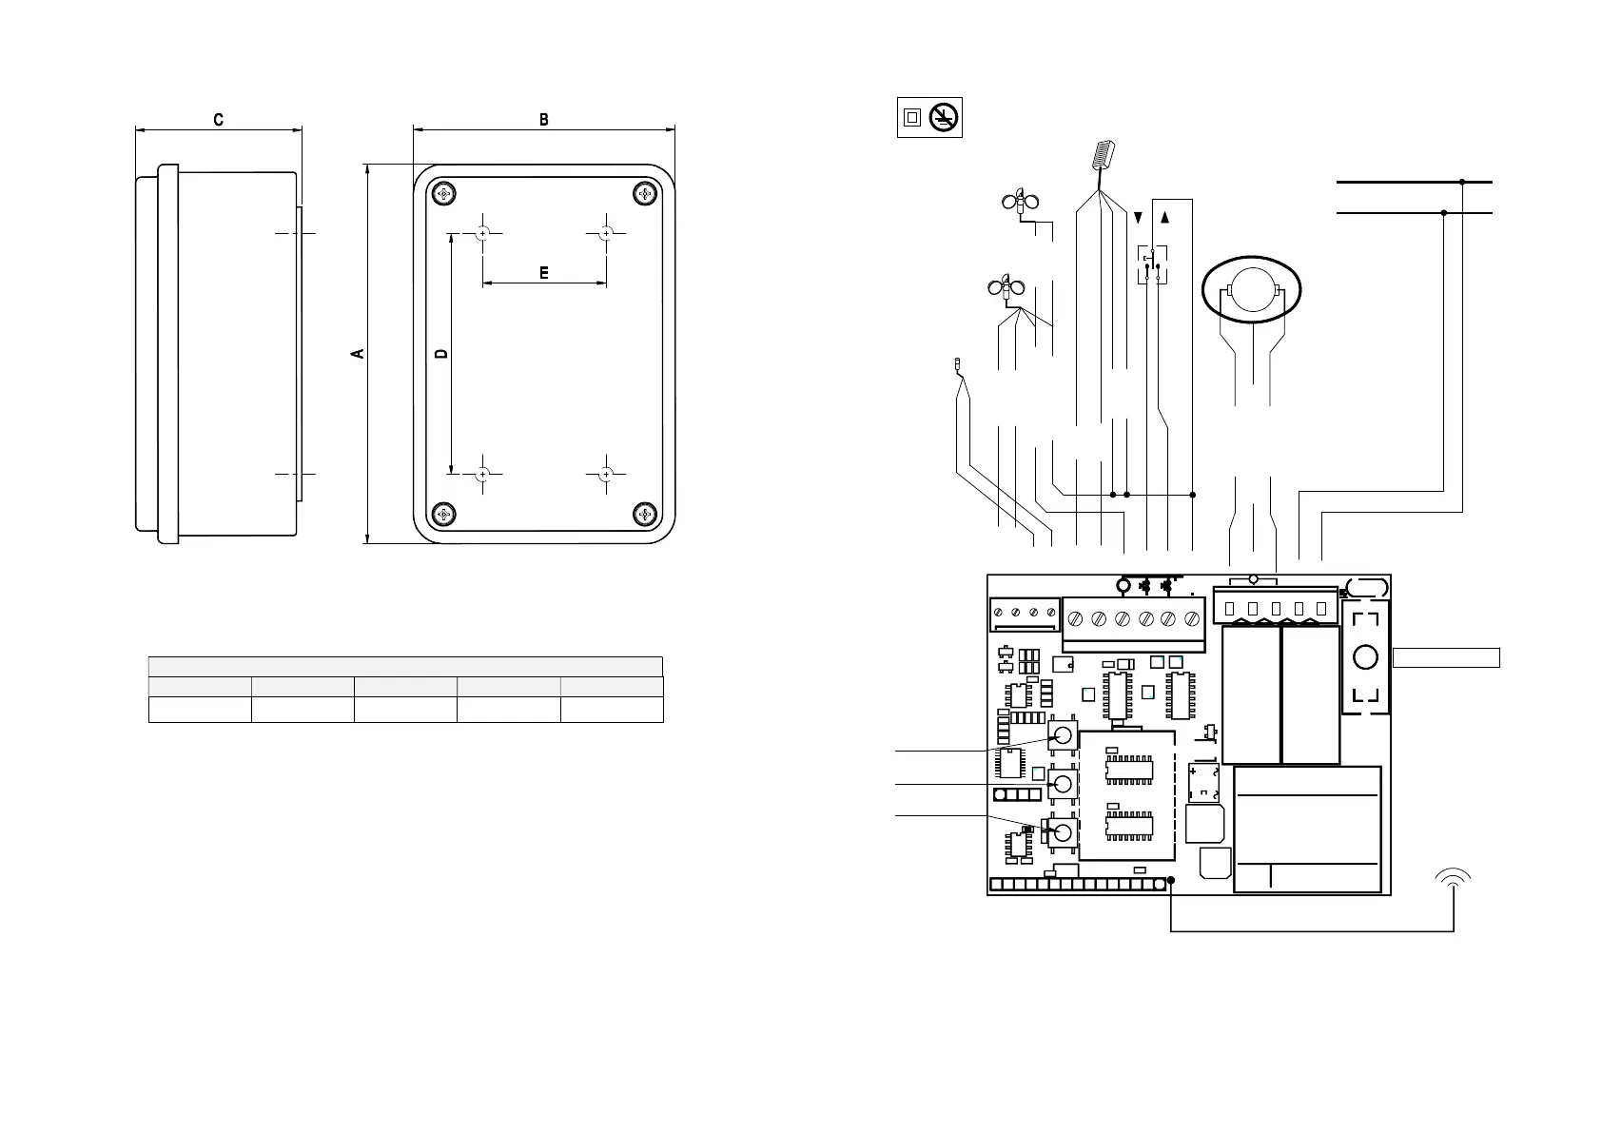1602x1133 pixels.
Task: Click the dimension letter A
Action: coord(358,354)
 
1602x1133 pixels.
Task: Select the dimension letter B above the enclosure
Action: coord(544,120)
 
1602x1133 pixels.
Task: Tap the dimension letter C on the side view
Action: coord(219,120)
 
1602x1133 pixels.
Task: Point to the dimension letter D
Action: coord(440,354)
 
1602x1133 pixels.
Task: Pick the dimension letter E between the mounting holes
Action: coord(544,273)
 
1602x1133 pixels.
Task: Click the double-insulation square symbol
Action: coord(912,117)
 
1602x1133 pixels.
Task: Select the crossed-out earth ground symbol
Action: coord(945,117)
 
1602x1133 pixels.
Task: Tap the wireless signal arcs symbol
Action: coord(1454,878)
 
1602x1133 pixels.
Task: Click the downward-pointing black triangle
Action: coord(1139,218)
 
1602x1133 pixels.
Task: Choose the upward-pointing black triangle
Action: coord(1165,218)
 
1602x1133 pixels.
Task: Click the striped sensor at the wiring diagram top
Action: coord(1104,155)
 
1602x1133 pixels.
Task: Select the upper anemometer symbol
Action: coord(1020,203)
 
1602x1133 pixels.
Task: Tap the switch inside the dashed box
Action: coord(1152,264)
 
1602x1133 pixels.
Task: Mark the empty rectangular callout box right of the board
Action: coord(1446,657)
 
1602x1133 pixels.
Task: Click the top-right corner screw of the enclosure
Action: coord(646,194)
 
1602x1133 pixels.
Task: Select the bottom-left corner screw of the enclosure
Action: coord(443,515)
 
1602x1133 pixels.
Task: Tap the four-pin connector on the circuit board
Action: coord(1024,614)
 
